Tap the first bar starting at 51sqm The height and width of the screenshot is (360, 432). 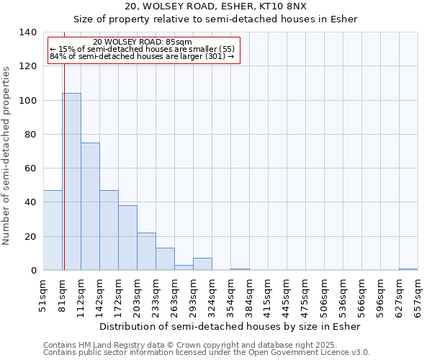(53, 230)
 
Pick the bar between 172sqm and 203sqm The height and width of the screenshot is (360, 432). (127, 238)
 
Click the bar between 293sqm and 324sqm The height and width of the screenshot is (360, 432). (202, 264)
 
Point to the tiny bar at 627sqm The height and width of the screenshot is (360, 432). (408, 269)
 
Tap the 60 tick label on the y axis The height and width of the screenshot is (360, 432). (30, 168)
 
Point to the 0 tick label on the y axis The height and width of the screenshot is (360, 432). (33, 271)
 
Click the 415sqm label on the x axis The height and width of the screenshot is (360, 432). (268, 295)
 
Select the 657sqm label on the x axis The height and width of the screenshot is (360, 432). (418, 295)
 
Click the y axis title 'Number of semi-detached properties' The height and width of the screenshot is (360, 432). (7, 156)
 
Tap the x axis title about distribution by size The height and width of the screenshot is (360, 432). (229, 326)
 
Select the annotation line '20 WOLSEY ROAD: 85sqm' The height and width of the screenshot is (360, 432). (143, 42)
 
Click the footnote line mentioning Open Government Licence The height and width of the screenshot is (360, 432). (207, 353)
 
